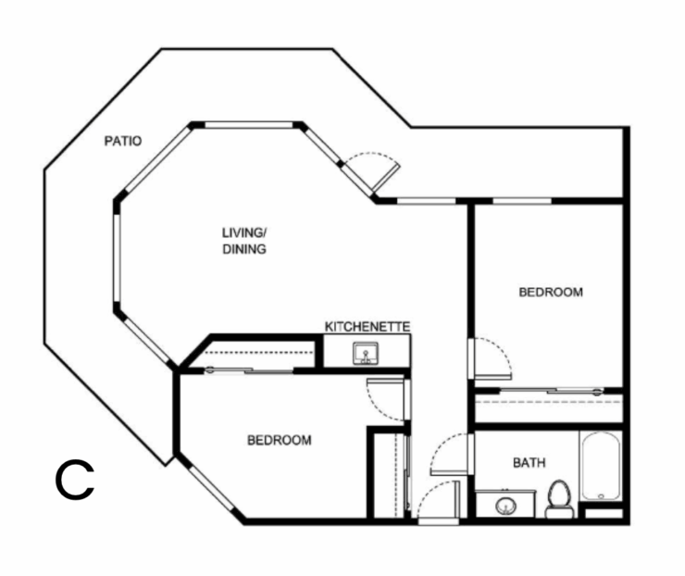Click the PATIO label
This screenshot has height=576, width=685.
coord(122,142)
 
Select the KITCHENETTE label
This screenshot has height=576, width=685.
coord(367,327)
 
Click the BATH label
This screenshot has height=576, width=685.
coord(529,462)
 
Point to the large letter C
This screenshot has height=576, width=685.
coord(74,479)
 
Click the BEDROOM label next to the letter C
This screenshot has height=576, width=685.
coord(279,440)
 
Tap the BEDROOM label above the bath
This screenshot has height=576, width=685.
coord(550,292)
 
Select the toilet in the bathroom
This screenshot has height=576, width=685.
coord(558,497)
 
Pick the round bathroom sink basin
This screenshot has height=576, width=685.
coord(504,507)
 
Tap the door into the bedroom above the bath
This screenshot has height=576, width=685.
coord(491,359)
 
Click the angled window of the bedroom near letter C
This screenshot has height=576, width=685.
coord(212,487)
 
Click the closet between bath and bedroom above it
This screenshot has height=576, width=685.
coord(548,407)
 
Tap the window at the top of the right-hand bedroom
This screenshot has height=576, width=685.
coord(522,200)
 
